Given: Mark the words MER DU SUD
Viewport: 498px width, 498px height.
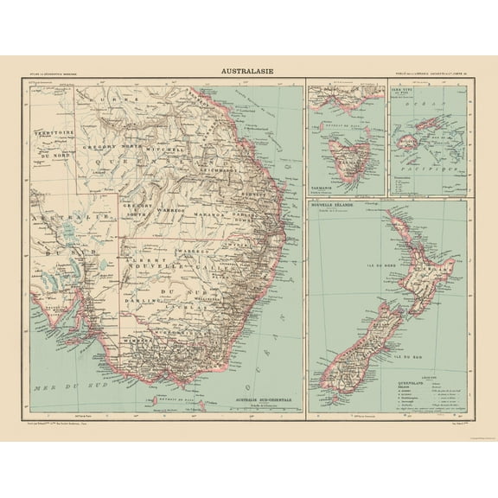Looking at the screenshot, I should pyautogui.click(x=61, y=391).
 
